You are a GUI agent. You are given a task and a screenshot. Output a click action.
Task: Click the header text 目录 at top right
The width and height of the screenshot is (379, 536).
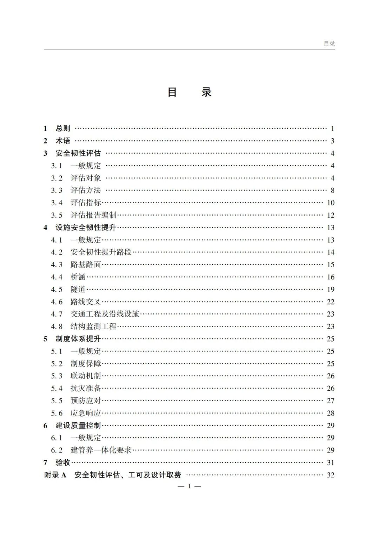[x=329, y=44]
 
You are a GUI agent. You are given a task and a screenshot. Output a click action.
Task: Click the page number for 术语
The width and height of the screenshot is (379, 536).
[x=332, y=141]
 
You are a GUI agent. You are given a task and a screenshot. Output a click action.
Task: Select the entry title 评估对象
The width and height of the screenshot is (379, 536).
[x=86, y=178]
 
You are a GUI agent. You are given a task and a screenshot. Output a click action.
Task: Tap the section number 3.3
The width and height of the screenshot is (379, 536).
[x=56, y=191]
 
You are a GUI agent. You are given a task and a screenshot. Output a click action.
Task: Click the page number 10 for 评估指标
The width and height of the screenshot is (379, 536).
[x=331, y=203]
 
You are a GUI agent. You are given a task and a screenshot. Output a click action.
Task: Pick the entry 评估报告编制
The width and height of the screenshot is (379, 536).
[x=93, y=215]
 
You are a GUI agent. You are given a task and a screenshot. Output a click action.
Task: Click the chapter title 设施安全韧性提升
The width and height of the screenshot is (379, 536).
[x=86, y=227]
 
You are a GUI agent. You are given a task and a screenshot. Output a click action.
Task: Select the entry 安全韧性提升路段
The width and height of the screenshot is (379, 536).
[x=101, y=252]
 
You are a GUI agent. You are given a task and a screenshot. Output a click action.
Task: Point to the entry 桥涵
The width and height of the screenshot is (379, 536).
[x=78, y=277]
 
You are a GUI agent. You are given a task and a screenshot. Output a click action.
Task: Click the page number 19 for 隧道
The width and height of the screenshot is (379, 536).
[x=331, y=290]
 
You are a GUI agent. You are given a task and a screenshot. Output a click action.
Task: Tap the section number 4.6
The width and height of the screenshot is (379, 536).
[x=56, y=302]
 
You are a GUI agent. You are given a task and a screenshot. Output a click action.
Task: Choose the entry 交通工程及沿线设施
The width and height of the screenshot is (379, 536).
[x=105, y=314]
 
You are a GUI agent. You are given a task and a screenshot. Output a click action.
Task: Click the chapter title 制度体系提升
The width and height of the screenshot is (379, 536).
[x=78, y=339]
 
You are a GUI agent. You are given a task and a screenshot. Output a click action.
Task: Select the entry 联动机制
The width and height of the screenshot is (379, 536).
[x=86, y=376]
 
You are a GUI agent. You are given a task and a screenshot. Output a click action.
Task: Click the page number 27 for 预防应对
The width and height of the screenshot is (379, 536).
[x=331, y=401]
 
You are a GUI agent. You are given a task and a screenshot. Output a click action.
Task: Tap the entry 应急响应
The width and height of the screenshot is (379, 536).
[x=86, y=413]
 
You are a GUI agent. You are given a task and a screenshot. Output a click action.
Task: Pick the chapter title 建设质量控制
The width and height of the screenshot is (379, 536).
[x=78, y=425]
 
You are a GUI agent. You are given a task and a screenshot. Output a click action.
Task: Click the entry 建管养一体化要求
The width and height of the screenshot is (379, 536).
[x=101, y=450]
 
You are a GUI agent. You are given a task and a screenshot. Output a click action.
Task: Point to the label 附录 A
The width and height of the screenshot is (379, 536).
[x=55, y=475]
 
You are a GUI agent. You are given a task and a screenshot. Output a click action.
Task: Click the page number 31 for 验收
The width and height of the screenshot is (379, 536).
[x=331, y=463]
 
